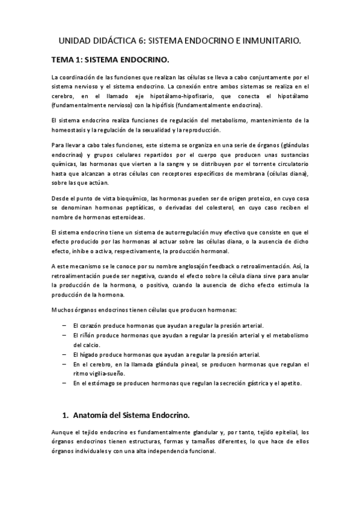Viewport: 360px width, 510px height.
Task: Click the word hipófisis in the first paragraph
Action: [186, 104]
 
